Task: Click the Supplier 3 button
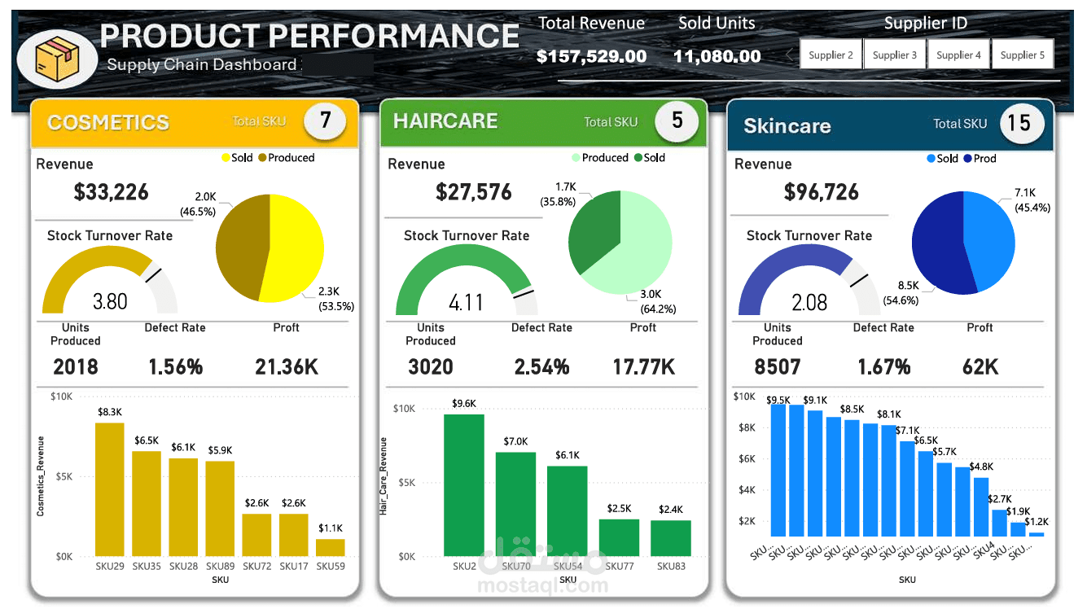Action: tap(894, 55)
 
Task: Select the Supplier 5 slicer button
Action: tap(1022, 55)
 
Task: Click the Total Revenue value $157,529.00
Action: tap(591, 56)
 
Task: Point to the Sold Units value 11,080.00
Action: tap(717, 56)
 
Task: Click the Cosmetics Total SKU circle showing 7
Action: tap(325, 121)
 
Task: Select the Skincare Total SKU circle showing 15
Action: tap(1019, 123)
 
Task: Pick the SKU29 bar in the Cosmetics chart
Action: tap(110, 489)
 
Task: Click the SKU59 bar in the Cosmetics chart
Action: tap(331, 547)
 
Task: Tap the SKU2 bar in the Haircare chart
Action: tap(463, 485)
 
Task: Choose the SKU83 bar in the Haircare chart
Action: tap(670, 538)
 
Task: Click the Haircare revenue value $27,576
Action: tap(473, 192)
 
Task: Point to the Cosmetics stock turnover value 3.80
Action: tap(110, 301)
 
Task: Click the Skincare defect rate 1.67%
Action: tap(883, 366)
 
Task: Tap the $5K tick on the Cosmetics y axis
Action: tap(62, 476)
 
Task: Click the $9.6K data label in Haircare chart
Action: tap(463, 403)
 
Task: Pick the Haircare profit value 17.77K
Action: tap(643, 366)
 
